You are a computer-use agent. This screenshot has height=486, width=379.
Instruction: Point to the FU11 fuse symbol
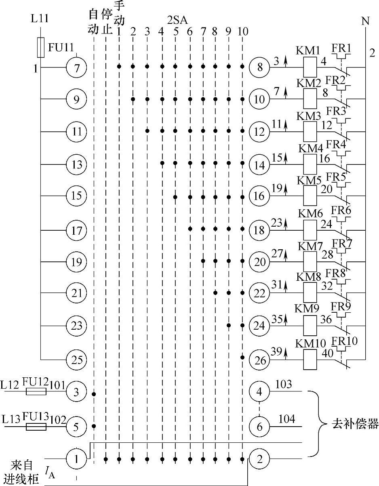point(40,48)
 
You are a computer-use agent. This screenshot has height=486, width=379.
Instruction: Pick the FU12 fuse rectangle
point(36,391)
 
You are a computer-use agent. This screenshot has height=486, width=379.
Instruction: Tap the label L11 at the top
point(39,18)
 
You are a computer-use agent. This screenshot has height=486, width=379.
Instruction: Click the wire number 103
point(283,384)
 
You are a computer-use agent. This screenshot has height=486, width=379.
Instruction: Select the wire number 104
point(286,419)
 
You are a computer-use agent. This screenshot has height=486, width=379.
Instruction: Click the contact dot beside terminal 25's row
point(242,358)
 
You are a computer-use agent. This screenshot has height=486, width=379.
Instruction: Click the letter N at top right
point(365,21)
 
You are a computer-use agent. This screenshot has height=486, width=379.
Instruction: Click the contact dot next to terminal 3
point(94,393)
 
